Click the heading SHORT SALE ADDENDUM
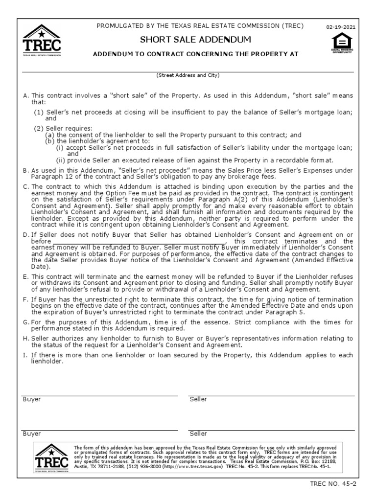pos(196,39)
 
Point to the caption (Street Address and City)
pos(188,76)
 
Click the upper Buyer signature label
pos(32,399)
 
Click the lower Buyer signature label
pos(32,433)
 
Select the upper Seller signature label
pos(198,399)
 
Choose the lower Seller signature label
pos(198,433)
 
